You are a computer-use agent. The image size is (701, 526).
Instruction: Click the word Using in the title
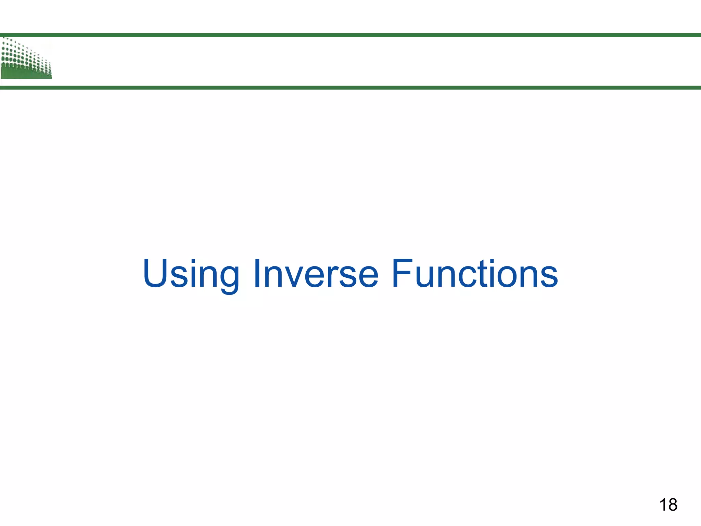click(191, 274)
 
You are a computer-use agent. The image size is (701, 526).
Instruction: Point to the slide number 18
click(668, 505)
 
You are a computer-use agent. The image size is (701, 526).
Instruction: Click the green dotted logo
click(26, 59)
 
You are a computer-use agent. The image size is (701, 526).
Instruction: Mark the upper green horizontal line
click(350, 35)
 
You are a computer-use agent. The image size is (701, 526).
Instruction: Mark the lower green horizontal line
click(350, 88)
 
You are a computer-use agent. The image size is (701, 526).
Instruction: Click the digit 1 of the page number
click(663, 505)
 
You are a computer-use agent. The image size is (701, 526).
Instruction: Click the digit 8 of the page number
click(672, 505)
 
